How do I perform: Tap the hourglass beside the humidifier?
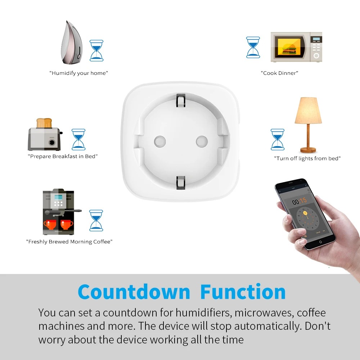coord(96,50)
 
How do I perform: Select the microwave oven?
coord(296,47)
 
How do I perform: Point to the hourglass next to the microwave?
coord(253,47)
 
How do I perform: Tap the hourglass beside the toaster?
coord(78,139)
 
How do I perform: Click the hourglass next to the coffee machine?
coord(96,220)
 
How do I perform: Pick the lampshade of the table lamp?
coord(308,111)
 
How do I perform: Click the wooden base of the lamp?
coord(308,149)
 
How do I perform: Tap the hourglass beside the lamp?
coord(278,139)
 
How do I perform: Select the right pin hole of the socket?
coord(202,141)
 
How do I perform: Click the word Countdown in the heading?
coord(134,292)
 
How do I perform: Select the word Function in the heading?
coord(243,292)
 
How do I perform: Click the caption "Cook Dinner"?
coord(280,73)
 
